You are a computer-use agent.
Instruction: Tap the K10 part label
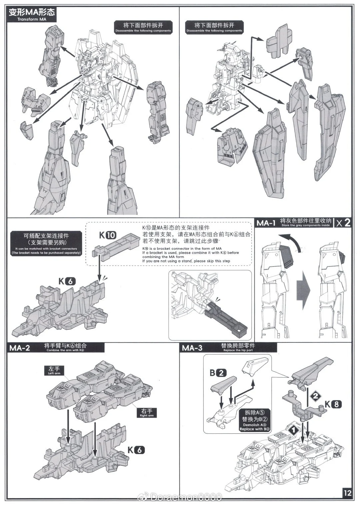coord(107,235)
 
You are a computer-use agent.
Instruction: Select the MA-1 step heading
coord(265,223)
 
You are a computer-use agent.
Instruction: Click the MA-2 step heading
coord(20,348)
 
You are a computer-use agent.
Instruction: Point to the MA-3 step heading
coord(192,348)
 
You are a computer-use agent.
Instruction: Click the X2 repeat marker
coord(344,223)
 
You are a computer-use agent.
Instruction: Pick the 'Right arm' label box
coord(147,413)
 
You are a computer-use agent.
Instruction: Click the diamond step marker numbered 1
coord(293,430)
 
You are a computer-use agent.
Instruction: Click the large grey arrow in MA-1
coord(303,290)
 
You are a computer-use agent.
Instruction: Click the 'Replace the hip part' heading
coord(238,348)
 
